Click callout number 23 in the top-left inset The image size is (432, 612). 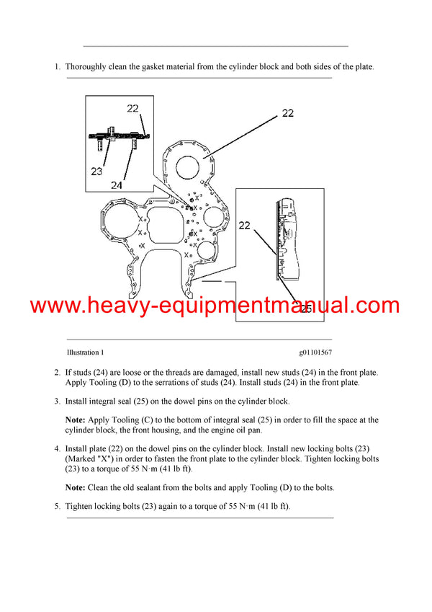click(97, 172)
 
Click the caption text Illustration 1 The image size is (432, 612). click(85, 352)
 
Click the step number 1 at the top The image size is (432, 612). click(58, 67)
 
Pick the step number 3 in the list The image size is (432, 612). click(58, 400)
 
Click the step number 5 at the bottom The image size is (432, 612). click(58, 507)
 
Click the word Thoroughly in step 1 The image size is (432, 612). click(88, 67)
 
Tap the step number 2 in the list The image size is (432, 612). click(58, 372)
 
